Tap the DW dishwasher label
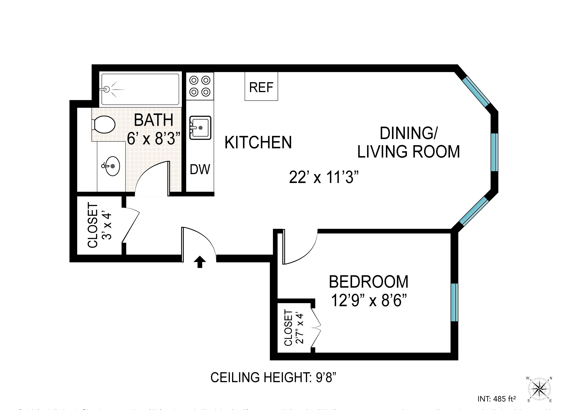tap(200, 169)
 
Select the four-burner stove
tap(200, 86)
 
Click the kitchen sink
tap(200, 128)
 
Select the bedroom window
tap(454, 302)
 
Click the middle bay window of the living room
tap(494, 152)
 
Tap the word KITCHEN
tap(258, 143)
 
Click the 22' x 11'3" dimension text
tap(324, 177)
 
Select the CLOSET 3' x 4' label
tap(99, 225)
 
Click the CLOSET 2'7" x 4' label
tap(293, 328)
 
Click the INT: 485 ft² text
tap(497, 399)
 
